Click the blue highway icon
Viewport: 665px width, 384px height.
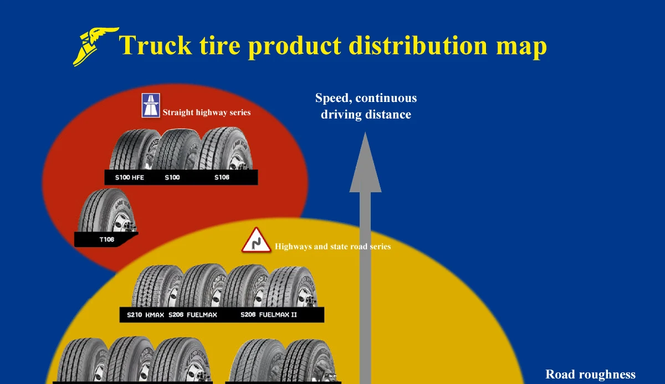(151, 105)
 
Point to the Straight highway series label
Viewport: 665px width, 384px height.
(206, 112)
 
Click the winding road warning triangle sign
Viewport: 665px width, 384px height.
(256, 240)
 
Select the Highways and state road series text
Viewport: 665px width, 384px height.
(332, 247)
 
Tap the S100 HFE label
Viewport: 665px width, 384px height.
(129, 178)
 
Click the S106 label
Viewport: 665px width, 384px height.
(222, 178)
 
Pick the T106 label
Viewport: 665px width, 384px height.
(106, 240)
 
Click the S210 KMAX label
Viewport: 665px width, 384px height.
(145, 315)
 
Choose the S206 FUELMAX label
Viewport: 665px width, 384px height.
(193, 315)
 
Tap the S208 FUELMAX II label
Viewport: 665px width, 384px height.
(269, 315)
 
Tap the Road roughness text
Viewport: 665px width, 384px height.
(590, 375)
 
